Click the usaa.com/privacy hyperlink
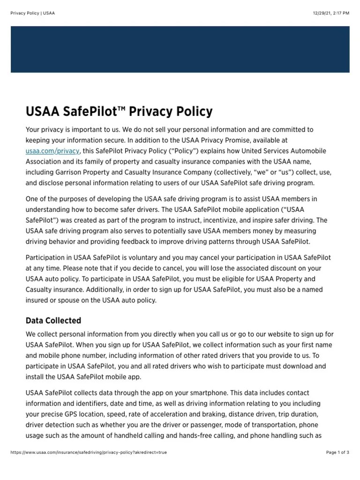53,151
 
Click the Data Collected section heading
53,321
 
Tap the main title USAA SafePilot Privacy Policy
119,112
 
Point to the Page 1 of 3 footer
337,452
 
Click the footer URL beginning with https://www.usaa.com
89,452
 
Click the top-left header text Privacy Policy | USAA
32,13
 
